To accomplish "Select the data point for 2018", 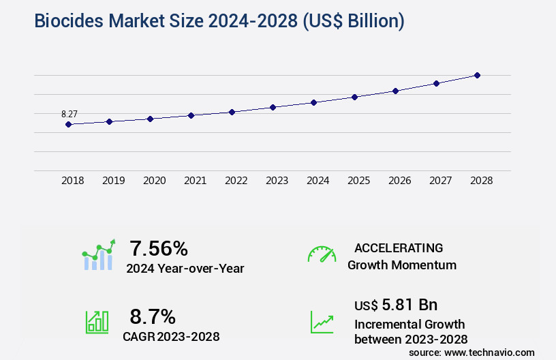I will [68, 124].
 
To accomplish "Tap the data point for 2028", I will [477, 75].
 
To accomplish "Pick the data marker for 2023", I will [273, 107].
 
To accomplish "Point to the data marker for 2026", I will [395, 91].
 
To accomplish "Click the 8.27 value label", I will [69, 114].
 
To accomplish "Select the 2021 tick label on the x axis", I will [195, 181].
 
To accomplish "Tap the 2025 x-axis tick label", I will [358, 181].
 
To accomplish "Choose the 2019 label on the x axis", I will [113, 181].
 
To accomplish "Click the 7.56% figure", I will [159, 248].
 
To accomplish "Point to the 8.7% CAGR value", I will [153, 316].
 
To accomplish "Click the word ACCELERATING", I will [399, 248].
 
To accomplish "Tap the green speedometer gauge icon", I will [322, 254].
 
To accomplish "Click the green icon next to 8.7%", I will [97, 322].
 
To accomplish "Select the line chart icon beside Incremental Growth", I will [322, 322].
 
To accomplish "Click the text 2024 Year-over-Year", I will [185, 269].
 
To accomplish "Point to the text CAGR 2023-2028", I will [171, 336].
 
